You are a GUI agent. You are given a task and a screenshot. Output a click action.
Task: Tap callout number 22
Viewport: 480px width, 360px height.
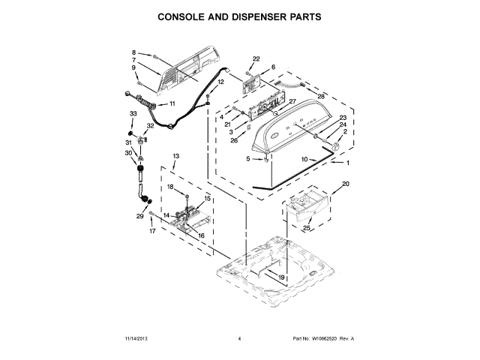(x=256, y=58)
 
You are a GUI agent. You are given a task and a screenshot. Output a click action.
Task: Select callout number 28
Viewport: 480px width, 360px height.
(x=321, y=97)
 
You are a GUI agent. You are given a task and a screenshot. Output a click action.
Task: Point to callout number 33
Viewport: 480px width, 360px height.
(x=133, y=113)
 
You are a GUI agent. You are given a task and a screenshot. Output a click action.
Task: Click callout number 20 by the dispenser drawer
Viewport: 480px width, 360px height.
(x=346, y=184)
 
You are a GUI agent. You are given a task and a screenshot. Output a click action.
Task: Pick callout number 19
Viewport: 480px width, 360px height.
(x=282, y=277)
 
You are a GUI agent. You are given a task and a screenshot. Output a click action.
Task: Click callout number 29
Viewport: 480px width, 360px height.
(x=139, y=216)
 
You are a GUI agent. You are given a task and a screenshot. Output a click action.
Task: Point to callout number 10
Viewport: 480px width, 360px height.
(x=304, y=159)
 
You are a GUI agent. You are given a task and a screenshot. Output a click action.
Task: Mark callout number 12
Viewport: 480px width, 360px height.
(x=220, y=82)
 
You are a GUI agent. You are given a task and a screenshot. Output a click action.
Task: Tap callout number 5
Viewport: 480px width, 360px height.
(x=248, y=158)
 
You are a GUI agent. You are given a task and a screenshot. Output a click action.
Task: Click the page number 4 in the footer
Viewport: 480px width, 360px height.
(x=239, y=339)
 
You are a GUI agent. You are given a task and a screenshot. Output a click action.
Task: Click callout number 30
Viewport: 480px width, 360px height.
(x=127, y=152)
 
